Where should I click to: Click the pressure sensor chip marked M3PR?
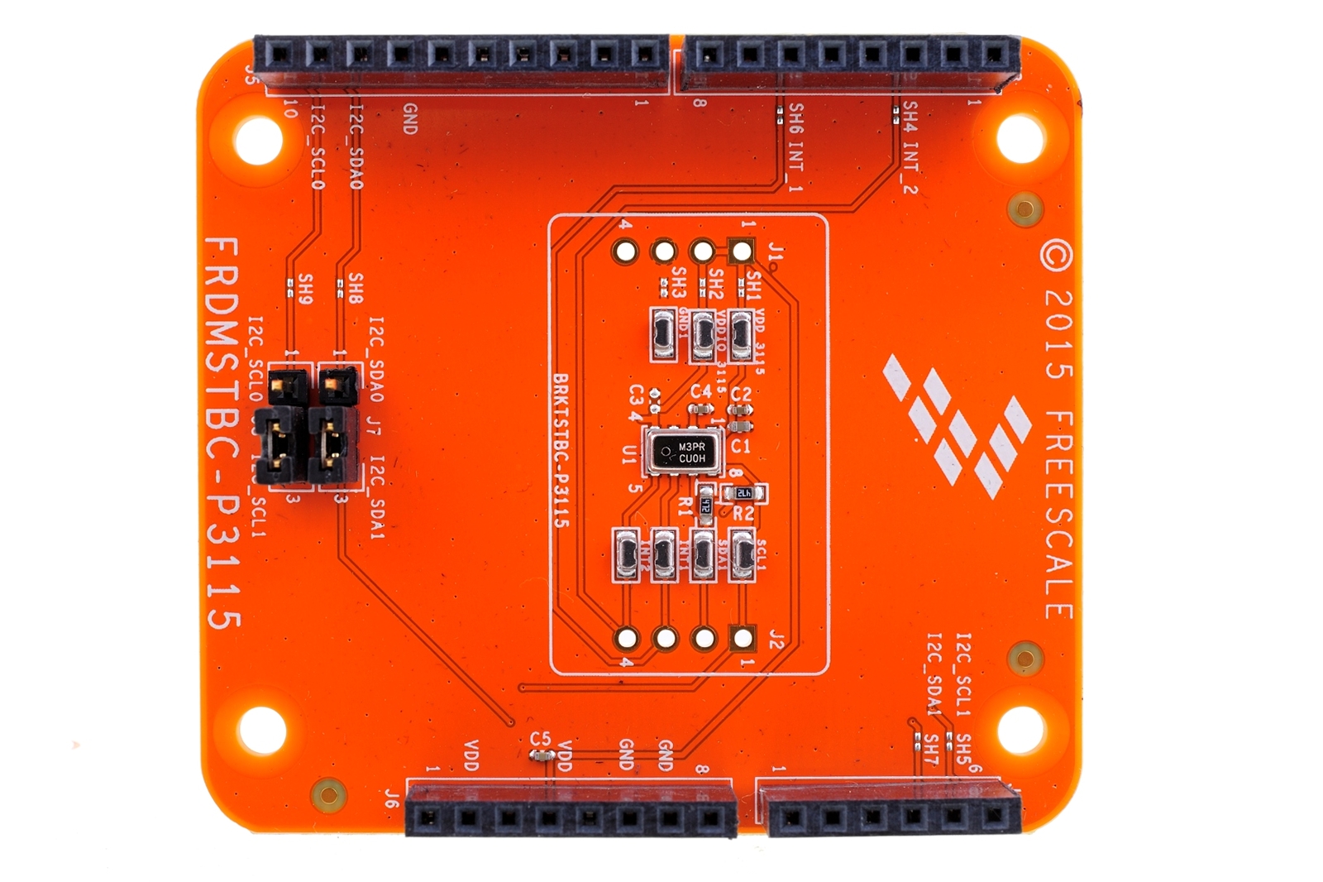(x=684, y=452)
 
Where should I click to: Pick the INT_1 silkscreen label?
(x=795, y=169)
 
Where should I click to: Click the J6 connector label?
(x=392, y=799)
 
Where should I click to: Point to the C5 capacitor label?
(x=540, y=738)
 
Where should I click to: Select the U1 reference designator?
(x=630, y=454)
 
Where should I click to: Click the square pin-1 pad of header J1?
(x=742, y=250)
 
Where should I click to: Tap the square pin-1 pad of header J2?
(x=743, y=637)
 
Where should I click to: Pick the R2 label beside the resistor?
(x=743, y=514)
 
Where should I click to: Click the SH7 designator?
(x=931, y=750)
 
